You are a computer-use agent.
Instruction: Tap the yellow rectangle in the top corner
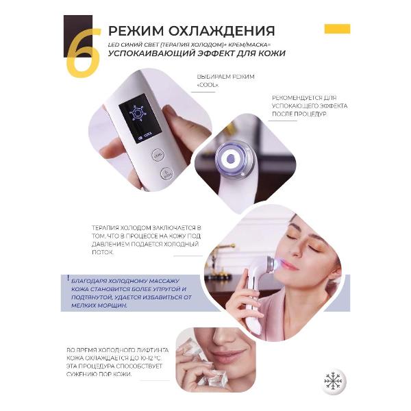[x=336, y=29]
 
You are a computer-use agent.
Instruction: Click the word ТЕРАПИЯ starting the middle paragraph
[x=108, y=227]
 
